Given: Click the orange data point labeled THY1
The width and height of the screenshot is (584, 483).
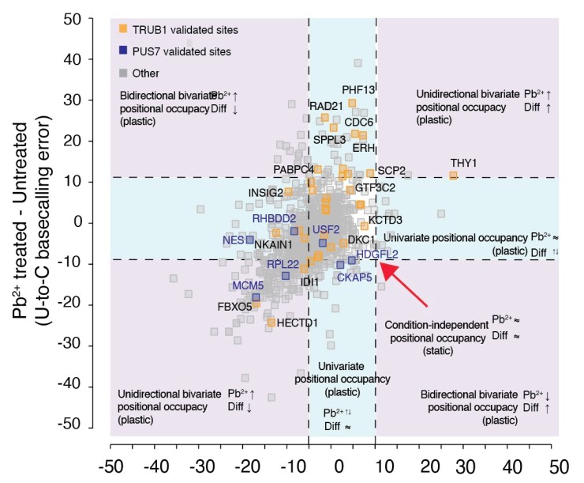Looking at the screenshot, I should coord(454,175).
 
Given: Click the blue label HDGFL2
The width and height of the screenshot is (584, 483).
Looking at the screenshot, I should coord(376,254).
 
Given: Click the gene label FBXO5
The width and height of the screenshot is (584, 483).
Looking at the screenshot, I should coord(234,306).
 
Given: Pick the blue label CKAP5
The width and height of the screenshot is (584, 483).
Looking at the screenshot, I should coord(355,277).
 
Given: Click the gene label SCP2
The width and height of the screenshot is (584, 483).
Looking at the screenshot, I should coord(391,170).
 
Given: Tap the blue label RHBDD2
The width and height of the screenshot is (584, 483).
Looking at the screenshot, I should coord(274,218).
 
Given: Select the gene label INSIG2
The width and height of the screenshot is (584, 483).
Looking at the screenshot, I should coord(266,192).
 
